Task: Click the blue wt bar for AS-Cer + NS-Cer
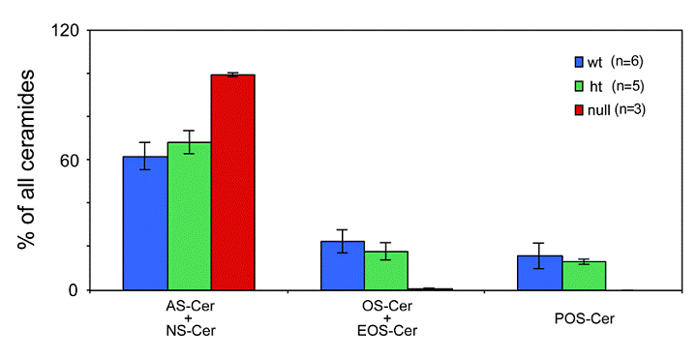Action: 144,224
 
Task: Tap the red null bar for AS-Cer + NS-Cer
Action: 232,183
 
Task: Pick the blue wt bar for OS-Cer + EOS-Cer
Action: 343,266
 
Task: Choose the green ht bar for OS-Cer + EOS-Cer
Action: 386,271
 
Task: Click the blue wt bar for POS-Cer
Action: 539,273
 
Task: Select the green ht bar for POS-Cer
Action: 584,276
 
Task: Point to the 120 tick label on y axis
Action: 63,30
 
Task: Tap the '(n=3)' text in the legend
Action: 630,109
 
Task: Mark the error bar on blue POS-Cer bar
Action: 539,255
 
